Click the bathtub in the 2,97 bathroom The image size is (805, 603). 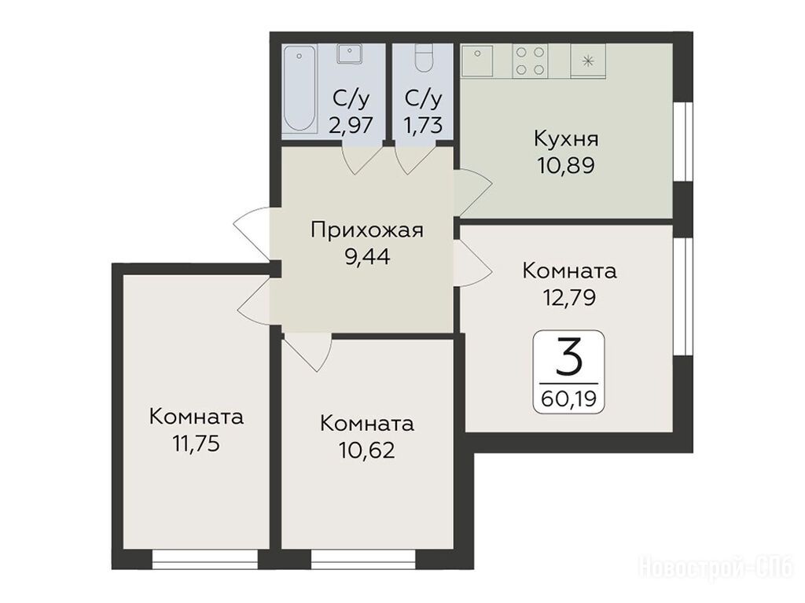point(300,89)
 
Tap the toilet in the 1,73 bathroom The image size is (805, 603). point(424,58)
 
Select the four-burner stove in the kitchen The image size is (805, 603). point(530,61)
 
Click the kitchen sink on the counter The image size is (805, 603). point(477,60)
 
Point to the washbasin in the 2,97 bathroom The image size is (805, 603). point(350,53)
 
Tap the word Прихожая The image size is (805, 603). point(367,230)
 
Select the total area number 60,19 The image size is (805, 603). point(569,399)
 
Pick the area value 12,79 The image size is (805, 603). point(569,297)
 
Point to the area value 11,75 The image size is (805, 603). point(196,443)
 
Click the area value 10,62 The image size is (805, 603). point(366,450)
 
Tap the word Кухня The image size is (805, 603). point(566,139)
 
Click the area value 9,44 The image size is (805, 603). point(367,257)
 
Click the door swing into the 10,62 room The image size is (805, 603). point(307,352)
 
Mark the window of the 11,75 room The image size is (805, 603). point(205,559)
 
